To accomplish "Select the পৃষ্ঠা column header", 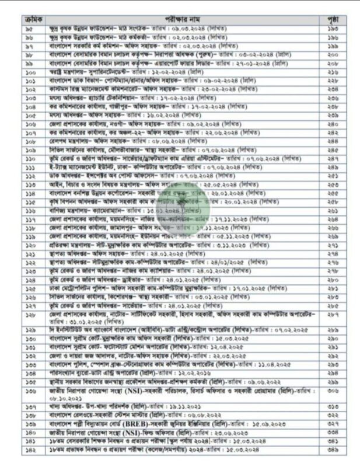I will [x=331, y=20].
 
